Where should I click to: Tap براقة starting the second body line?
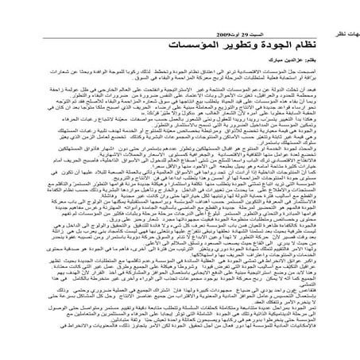tap(346, 78)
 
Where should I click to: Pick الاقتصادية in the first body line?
tap(291, 72)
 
